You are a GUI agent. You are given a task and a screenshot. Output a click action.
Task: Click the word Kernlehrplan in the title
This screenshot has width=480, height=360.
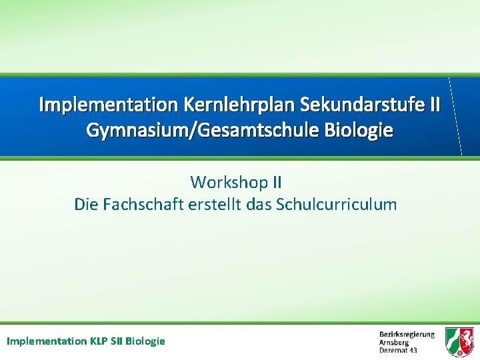tap(239, 105)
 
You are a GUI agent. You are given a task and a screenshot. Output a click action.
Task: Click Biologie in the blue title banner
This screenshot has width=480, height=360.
tap(359, 130)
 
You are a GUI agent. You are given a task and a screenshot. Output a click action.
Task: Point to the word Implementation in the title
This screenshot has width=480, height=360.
tap(107, 105)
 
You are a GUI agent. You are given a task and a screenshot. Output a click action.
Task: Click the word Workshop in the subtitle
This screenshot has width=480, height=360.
tap(229, 181)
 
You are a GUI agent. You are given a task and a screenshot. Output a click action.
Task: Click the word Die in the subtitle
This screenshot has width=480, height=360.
tap(85, 205)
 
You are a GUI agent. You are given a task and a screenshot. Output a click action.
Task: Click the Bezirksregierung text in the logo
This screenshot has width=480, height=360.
tap(407, 335)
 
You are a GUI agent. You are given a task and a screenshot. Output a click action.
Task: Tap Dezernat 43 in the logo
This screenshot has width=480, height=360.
tap(398, 350)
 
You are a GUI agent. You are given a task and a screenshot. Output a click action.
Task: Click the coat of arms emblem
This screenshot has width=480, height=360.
tap(459, 341)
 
